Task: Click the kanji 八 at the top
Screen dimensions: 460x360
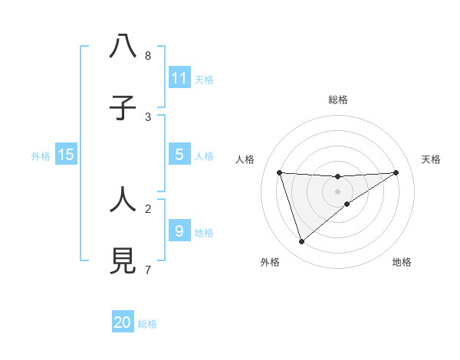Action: pos(123,47)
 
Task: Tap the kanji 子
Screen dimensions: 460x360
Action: pos(123,109)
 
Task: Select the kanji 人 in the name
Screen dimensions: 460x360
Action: pos(123,201)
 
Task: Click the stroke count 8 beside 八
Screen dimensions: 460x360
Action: pos(147,56)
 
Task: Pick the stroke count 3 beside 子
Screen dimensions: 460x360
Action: pos(147,117)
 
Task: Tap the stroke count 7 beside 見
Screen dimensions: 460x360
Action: pos(147,270)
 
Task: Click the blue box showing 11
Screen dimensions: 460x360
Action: pos(179,77)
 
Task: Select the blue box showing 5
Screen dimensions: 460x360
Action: pos(179,155)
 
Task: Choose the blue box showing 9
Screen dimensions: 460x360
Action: pos(179,231)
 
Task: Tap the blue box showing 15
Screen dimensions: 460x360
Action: pos(66,155)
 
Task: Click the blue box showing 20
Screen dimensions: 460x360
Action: pos(123,322)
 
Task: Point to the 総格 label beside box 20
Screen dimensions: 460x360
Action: pos(147,324)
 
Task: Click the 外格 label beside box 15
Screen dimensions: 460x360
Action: pos(41,156)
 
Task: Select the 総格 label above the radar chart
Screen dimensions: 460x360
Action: pos(338,100)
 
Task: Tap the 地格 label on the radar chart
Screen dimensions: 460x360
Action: pos(402,262)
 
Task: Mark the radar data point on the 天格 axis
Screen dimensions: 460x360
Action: pos(396,172)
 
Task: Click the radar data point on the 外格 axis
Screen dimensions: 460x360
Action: pos(301,242)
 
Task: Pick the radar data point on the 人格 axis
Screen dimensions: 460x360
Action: pos(280,172)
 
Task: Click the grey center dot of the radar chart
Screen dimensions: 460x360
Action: pos(338,191)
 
